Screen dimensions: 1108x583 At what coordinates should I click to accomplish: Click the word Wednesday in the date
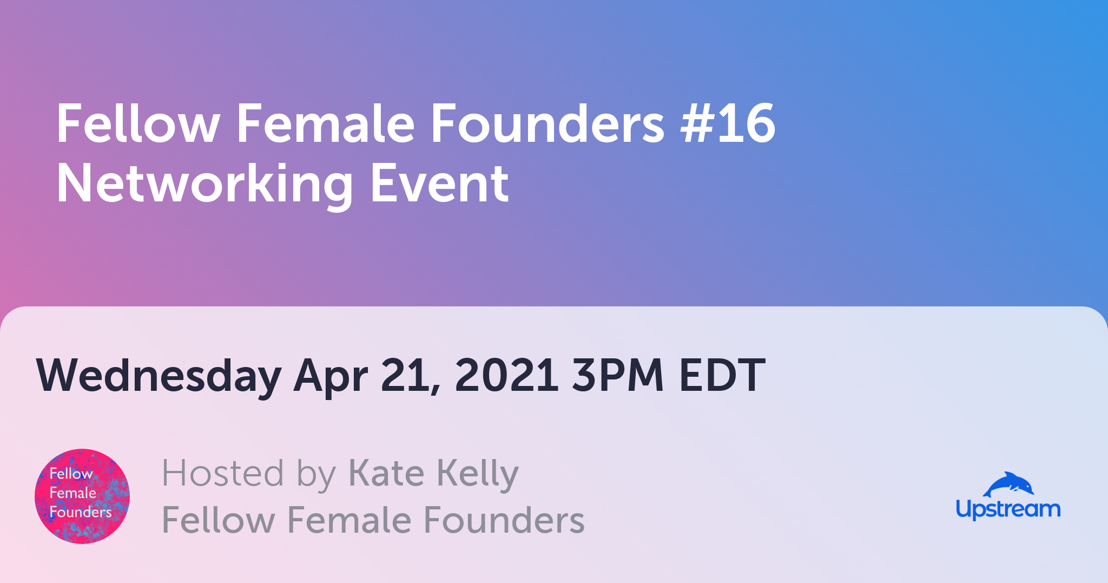pyautogui.click(x=159, y=375)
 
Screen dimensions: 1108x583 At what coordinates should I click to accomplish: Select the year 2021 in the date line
pyautogui.click(x=506, y=375)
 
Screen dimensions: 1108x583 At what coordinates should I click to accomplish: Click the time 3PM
pyautogui.click(x=618, y=375)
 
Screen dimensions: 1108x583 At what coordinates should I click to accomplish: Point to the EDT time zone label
pyautogui.click(x=722, y=375)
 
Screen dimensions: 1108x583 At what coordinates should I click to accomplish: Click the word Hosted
pyautogui.click(x=223, y=473)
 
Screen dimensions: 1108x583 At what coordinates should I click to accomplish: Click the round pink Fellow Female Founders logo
pyautogui.click(x=82, y=496)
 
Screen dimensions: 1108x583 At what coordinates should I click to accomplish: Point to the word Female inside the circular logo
pyautogui.click(x=72, y=493)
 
